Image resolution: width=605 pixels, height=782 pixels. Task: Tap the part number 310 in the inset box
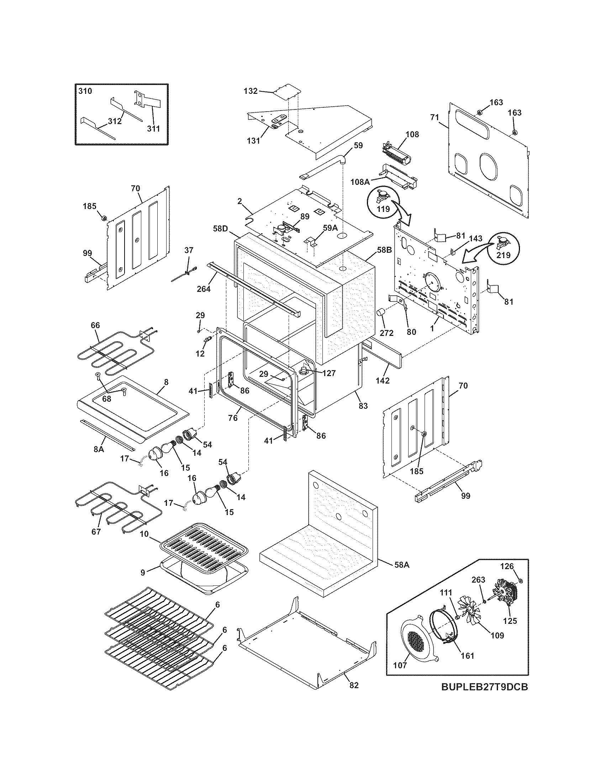(85, 91)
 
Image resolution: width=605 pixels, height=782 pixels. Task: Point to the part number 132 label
(251, 91)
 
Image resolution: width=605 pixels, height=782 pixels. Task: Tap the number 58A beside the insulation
(401, 565)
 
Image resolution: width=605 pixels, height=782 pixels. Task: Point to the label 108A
(360, 182)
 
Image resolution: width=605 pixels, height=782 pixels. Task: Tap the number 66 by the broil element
(95, 325)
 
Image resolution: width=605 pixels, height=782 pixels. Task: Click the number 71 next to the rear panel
(435, 117)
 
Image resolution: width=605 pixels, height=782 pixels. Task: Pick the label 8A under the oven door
(99, 449)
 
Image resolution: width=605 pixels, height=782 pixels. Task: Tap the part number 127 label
(328, 374)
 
